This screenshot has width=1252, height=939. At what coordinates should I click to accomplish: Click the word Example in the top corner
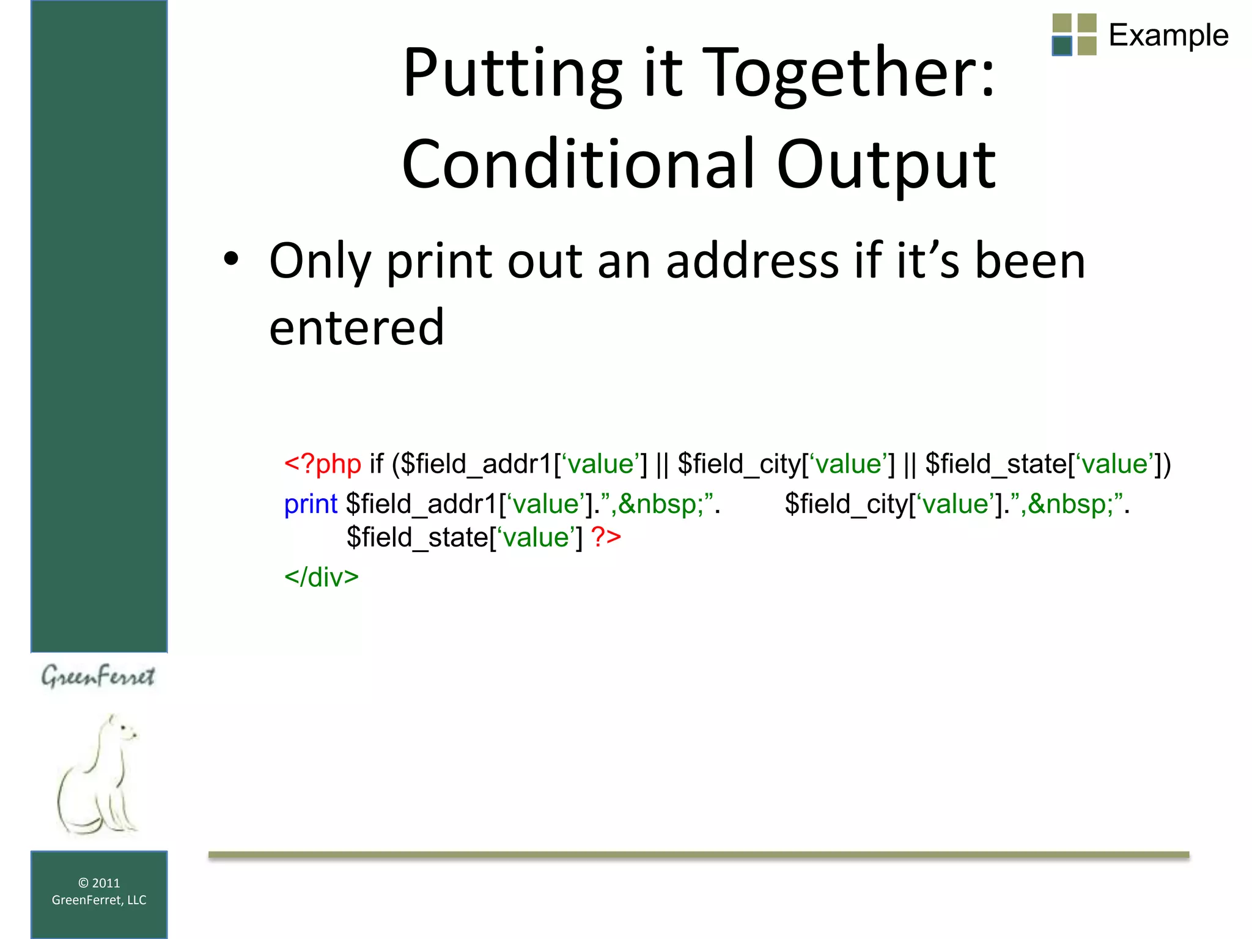pyautogui.click(x=1168, y=35)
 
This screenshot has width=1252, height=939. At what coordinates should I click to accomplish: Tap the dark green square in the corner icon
pyautogui.click(x=1062, y=46)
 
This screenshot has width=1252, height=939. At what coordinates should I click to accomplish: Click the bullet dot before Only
pyautogui.click(x=231, y=260)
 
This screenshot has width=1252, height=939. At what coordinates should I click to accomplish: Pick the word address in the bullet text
pyautogui.click(x=752, y=262)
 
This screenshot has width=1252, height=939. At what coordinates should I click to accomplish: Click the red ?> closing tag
pyautogui.click(x=606, y=537)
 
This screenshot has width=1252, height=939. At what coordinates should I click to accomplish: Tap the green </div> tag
pyautogui.click(x=321, y=577)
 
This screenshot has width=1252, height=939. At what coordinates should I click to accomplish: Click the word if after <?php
pyautogui.click(x=376, y=464)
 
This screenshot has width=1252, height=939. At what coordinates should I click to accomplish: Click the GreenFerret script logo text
pyautogui.click(x=98, y=676)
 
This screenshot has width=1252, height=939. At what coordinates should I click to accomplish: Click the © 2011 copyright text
pyautogui.click(x=99, y=883)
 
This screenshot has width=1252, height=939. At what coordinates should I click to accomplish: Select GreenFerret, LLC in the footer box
pyautogui.click(x=99, y=900)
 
